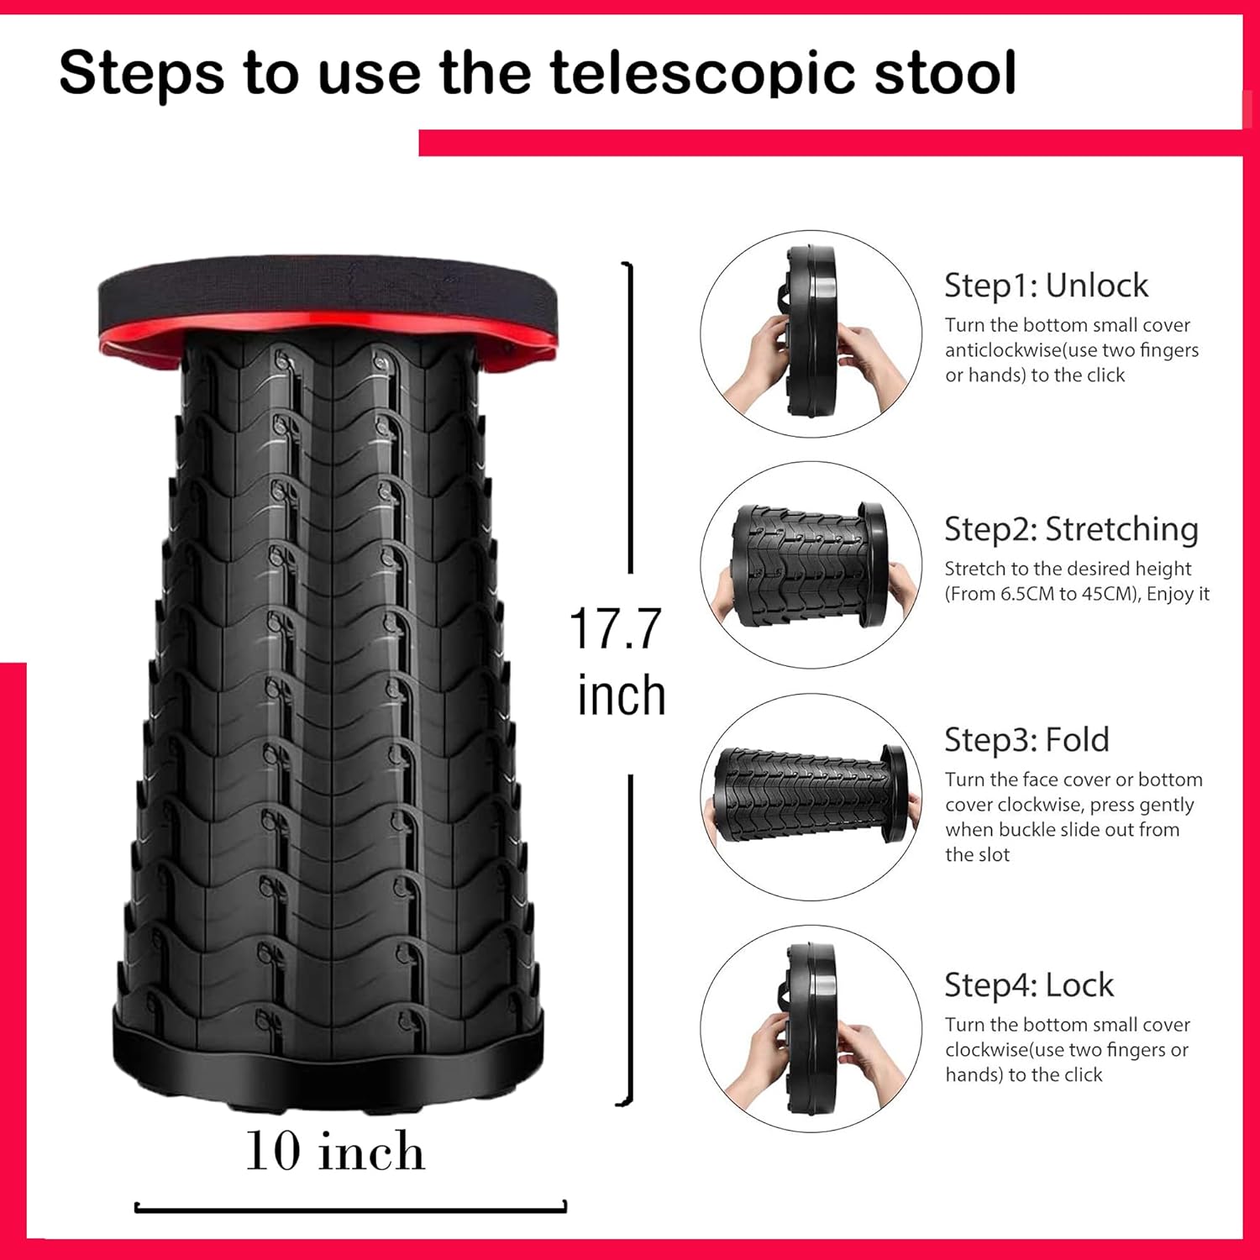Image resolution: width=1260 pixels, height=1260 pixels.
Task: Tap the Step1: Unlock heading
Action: click(1046, 286)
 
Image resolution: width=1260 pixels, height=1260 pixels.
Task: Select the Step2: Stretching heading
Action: click(1071, 529)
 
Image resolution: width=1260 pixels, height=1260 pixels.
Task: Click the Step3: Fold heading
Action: click(1026, 740)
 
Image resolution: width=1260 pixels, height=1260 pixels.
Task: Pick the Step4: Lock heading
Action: click(1029, 985)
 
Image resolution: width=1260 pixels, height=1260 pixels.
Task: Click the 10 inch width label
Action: click(334, 1150)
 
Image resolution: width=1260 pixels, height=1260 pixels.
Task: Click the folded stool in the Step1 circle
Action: click(811, 333)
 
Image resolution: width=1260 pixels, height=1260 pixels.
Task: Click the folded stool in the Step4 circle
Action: click(811, 1029)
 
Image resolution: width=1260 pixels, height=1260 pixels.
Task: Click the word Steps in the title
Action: click(142, 72)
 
